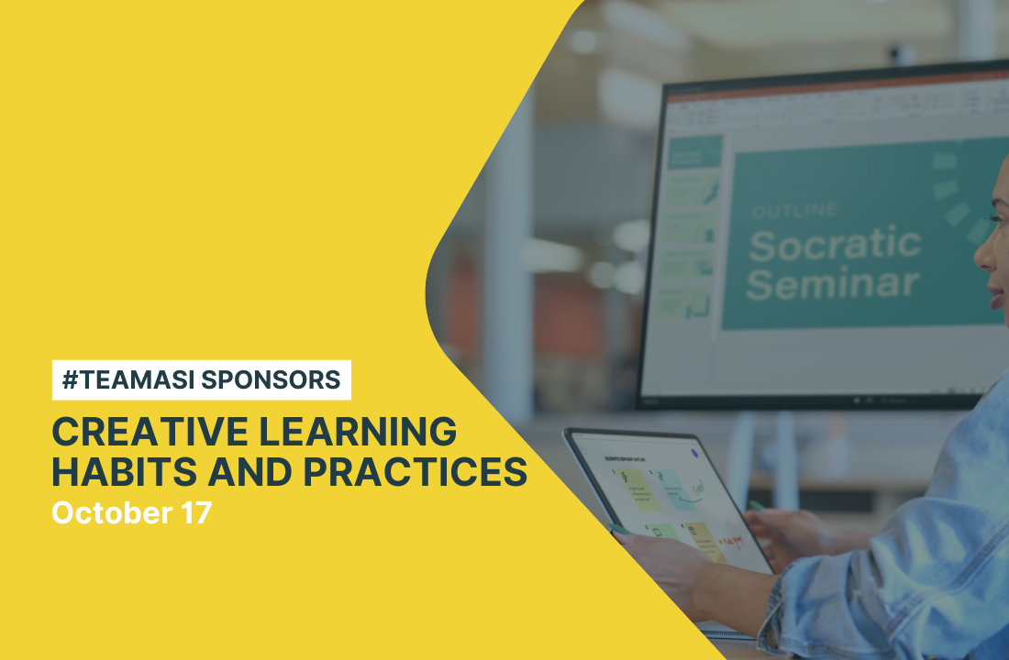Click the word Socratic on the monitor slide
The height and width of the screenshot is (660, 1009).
click(834, 245)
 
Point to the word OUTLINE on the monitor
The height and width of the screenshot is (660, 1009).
click(794, 212)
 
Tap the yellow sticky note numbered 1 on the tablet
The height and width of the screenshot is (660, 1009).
click(643, 490)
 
